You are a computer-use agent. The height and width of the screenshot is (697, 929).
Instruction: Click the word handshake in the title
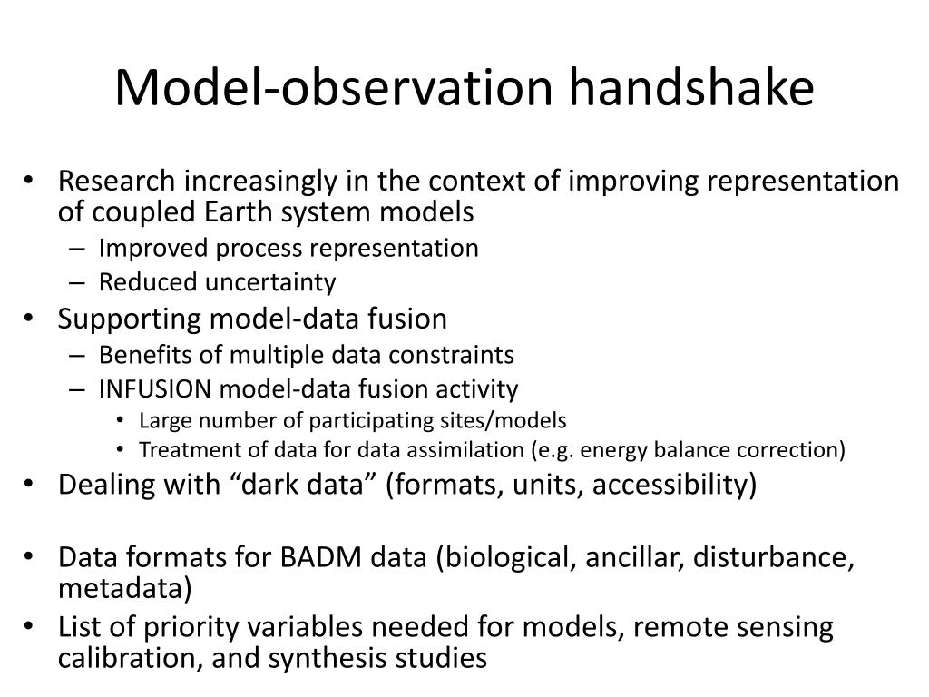click(x=691, y=87)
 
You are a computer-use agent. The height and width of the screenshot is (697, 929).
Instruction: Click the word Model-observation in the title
click(x=334, y=87)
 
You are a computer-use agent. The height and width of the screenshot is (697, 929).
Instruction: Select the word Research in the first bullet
click(x=116, y=181)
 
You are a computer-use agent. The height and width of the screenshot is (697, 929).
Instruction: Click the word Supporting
click(x=130, y=319)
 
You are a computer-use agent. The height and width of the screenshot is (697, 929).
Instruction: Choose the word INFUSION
click(x=155, y=388)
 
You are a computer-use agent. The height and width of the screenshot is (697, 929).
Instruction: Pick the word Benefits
click(x=145, y=355)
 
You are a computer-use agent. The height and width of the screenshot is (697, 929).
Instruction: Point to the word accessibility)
click(x=674, y=485)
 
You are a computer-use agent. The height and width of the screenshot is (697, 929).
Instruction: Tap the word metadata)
click(x=124, y=588)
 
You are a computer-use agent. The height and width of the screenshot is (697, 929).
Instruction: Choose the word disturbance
click(x=773, y=557)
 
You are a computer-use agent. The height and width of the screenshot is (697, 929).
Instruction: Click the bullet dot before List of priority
click(x=28, y=626)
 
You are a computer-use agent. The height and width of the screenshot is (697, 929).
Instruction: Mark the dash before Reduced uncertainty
click(x=77, y=283)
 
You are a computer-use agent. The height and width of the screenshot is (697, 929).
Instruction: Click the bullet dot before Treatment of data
click(x=121, y=450)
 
